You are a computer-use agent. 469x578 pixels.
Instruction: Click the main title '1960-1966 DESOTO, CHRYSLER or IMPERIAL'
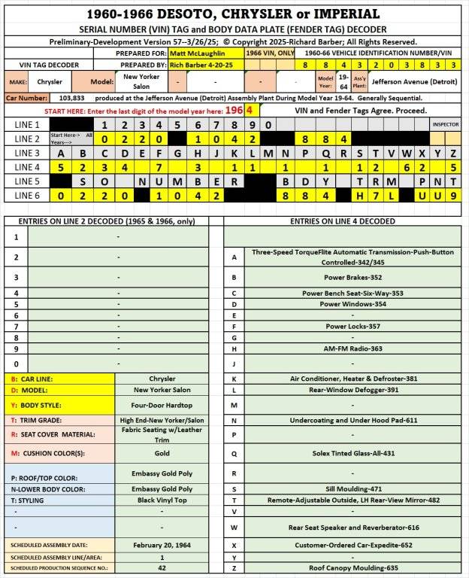pos(233,14)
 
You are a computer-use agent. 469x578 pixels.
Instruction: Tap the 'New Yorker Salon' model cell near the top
pos(141,81)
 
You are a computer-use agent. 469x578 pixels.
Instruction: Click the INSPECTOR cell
pos(445,124)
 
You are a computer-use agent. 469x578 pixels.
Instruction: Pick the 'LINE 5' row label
pos(26,181)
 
